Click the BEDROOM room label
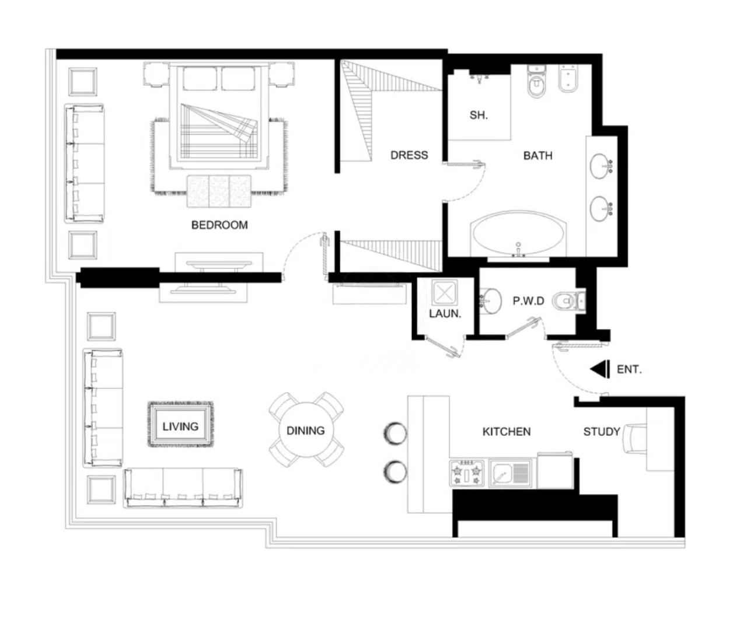(x=219, y=225)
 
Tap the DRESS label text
(x=409, y=155)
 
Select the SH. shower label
(x=479, y=115)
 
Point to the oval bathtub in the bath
(x=518, y=233)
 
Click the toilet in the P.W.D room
(x=568, y=300)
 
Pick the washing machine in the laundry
(x=444, y=293)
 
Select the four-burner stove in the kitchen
(x=467, y=473)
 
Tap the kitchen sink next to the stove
(x=511, y=473)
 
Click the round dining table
(x=306, y=429)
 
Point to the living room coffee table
(x=181, y=424)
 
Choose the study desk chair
(x=634, y=439)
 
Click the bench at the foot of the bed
(x=219, y=191)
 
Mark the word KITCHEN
(x=506, y=432)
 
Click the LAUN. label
(x=445, y=314)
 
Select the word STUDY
(x=602, y=432)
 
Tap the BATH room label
(x=537, y=156)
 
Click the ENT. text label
(x=629, y=369)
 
